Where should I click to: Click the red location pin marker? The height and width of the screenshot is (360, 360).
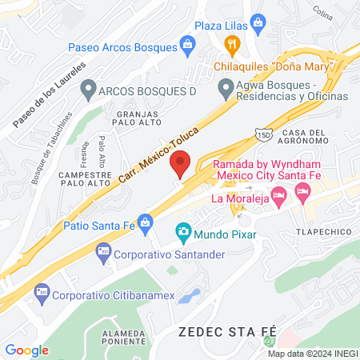click(x=181, y=164)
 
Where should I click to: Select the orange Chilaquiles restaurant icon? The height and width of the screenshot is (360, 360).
click(x=232, y=43)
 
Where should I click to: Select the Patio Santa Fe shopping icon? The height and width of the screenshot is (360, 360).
click(x=145, y=221)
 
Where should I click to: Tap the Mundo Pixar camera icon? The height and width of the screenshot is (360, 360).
click(x=183, y=234)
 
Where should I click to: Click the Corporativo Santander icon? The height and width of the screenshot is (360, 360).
click(x=103, y=254)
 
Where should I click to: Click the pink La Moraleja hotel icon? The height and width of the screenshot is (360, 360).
click(x=278, y=194)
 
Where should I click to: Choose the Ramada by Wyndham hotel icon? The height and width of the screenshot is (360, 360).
click(x=302, y=190)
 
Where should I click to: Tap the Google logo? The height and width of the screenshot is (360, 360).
click(x=27, y=350)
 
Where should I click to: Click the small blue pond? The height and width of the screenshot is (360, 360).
click(x=189, y=296)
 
